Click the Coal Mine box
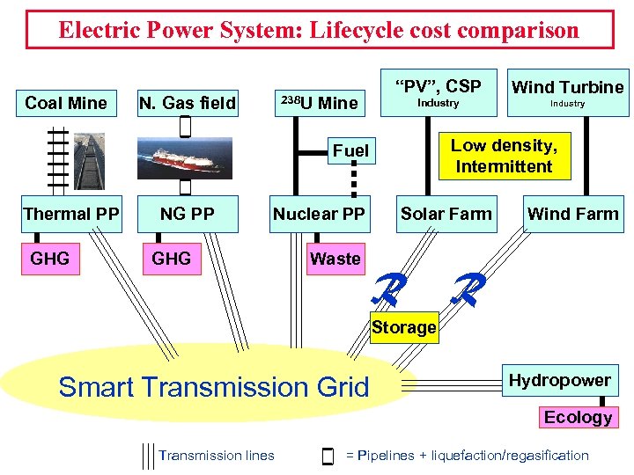pyautogui.click(x=66, y=103)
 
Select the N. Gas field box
pyautogui.click(x=188, y=103)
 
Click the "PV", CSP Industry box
pyautogui.click(x=438, y=92)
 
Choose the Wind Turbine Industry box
pyautogui.click(x=567, y=92)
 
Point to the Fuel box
pyautogui.click(x=350, y=150)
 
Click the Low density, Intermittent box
pyautogui.click(x=504, y=156)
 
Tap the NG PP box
pyautogui.click(x=187, y=214)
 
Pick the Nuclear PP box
pyautogui.click(x=319, y=214)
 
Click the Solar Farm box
pyautogui.click(x=446, y=214)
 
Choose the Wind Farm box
pyautogui.click(x=572, y=214)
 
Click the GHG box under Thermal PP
pyautogui.click(x=49, y=258)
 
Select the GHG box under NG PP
pyautogui.click(x=171, y=258)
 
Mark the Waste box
pyautogui.click(x=335, y=259)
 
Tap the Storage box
pyautogui.click(x=403, y=327)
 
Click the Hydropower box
pyautogui.click(x=559, y=380)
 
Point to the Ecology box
pyautogui.click(x=578, y=417)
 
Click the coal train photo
pyautogui.click(x=88, y=160)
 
